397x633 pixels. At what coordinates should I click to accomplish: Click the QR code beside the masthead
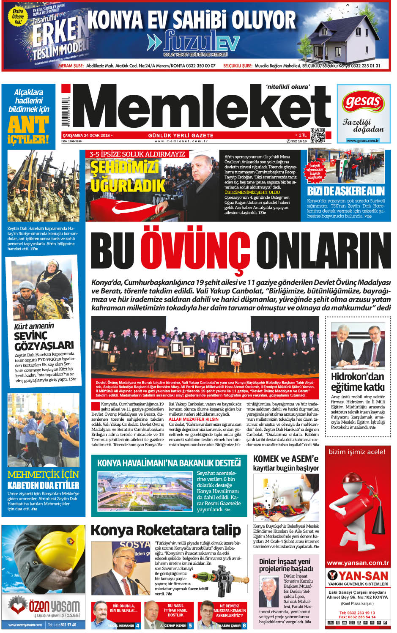coord(318,135)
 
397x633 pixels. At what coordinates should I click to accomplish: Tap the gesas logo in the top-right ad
coord(362,102)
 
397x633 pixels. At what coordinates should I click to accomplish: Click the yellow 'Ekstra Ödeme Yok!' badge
coord(18,16)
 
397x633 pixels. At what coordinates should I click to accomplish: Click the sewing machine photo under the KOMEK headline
coord(286,498)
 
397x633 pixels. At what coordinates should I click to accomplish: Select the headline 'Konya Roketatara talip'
coord(166,530)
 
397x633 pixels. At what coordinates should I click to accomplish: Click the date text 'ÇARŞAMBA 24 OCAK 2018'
coord(86,135)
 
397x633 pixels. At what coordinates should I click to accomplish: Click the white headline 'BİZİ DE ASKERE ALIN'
coord(345,191)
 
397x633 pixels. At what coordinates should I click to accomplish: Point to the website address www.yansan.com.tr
coord(358,563)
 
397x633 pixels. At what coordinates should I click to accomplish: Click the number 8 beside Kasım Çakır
coord(244,625)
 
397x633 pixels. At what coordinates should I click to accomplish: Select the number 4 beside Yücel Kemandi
coord(137,625)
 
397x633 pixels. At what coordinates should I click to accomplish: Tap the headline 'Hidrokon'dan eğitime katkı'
coord(358,381)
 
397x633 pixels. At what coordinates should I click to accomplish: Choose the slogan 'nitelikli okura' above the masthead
coord(287,87)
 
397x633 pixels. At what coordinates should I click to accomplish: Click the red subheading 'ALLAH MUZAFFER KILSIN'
coord(194,419)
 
